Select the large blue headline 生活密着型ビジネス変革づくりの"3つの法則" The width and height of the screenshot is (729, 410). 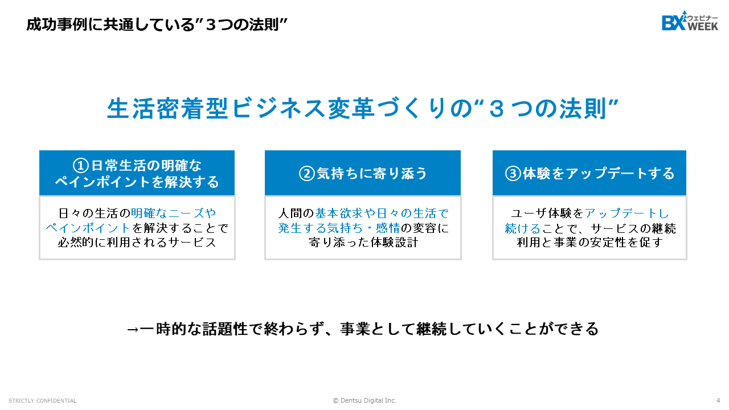point(363,109)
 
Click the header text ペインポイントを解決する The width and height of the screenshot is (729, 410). point(137,182)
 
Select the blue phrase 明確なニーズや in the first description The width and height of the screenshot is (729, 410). point(174,214)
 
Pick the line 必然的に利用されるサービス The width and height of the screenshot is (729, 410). point(137,243)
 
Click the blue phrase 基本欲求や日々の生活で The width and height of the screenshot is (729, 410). point(382,214)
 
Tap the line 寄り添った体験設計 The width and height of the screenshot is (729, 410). point(363,243)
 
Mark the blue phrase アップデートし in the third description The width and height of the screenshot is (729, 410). point(627,214)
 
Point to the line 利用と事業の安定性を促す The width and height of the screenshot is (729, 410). point(589,243)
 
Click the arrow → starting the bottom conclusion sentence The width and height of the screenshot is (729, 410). point(132,330)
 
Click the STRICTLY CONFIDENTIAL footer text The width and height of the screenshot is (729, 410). point(42,401)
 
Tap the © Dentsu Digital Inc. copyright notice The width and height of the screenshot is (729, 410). point(364,400)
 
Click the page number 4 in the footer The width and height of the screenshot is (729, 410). point(718,400)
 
